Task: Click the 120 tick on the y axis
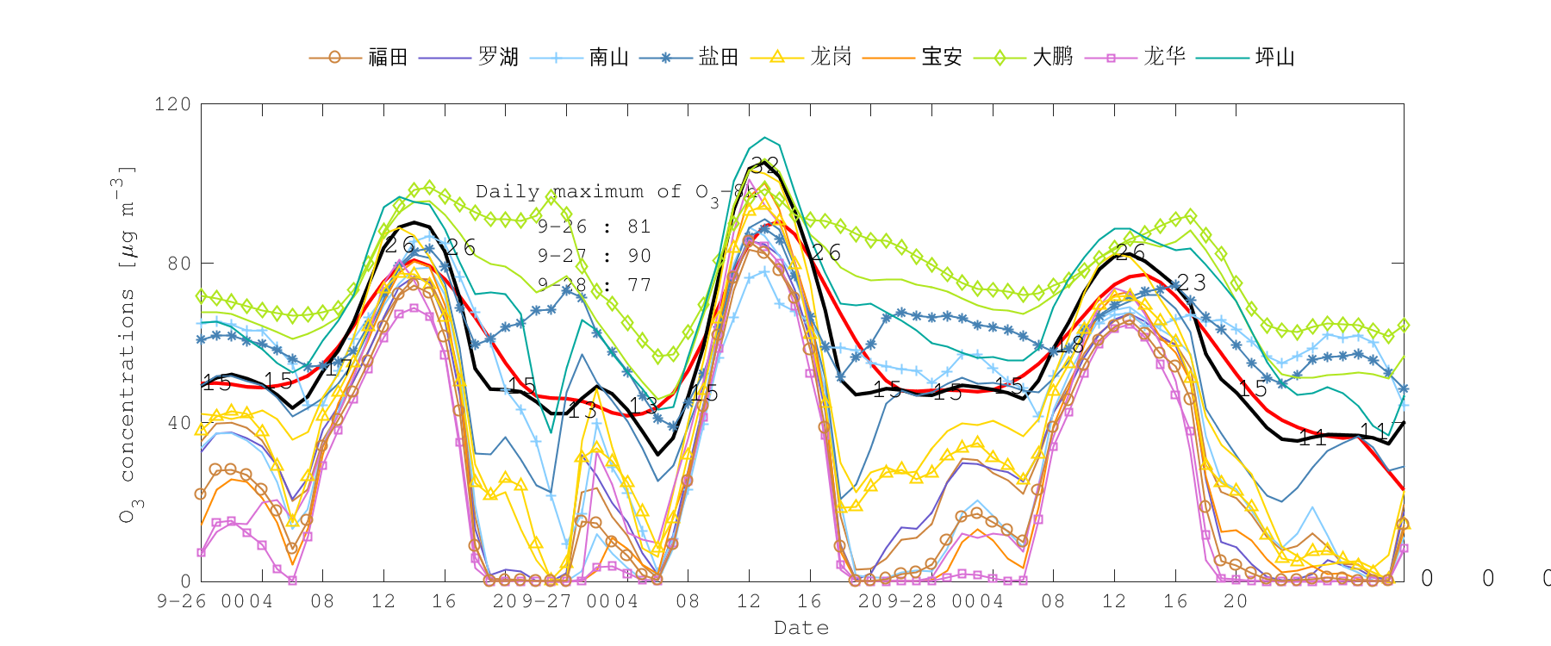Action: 172,104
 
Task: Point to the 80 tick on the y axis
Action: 178,264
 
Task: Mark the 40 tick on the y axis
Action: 178,423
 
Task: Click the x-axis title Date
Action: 801,628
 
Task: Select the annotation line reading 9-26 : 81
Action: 595,227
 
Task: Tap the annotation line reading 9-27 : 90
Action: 595,257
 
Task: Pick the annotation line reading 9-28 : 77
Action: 595,285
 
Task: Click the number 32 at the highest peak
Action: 764,165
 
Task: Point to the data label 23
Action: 1192,283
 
